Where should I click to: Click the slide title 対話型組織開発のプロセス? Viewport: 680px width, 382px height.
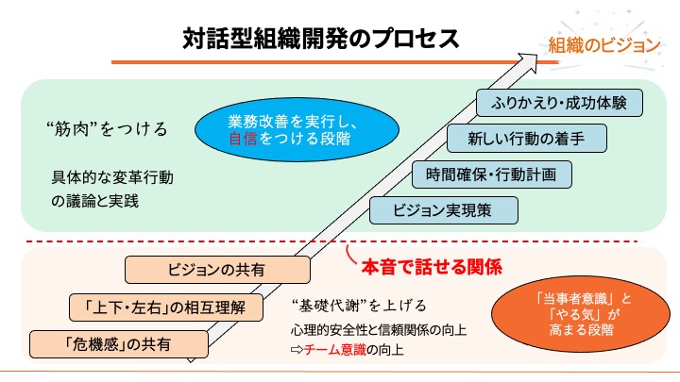pos(321,41)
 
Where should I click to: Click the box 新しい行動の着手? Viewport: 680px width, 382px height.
pos(526,140)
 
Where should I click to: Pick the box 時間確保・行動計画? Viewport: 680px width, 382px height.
pos(492,174)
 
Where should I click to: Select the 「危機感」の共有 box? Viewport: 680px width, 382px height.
pos(119,342)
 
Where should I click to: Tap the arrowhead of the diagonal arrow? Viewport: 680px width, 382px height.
pos(539,58)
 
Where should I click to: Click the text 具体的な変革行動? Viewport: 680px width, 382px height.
pos(112,177)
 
